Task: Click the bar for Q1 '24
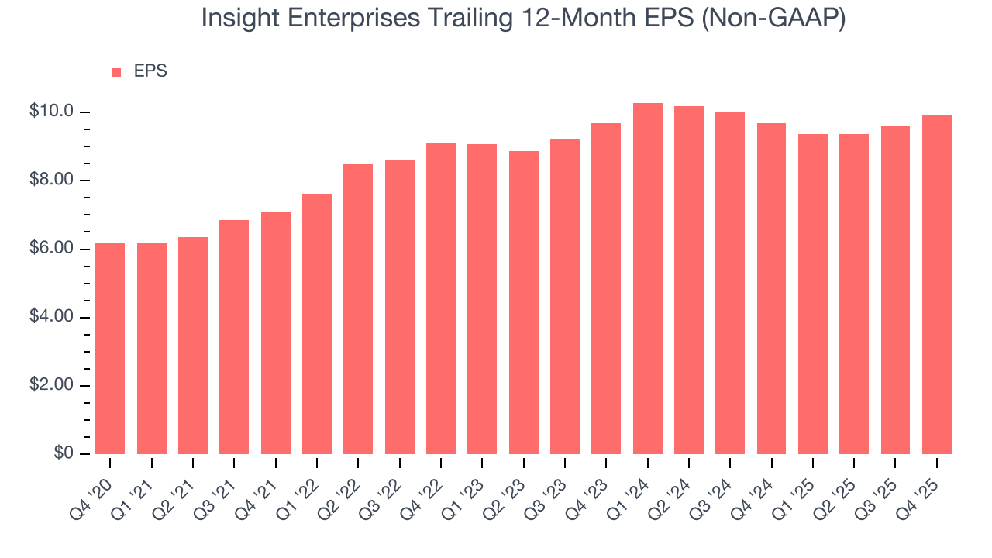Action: tap(648, 279)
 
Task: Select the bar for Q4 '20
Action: tap(110, 349)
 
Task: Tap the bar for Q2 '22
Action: tap(358, 309)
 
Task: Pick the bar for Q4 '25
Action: tap(937, 285)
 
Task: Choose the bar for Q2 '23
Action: tap(524, 303)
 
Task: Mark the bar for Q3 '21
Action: tap(234, 337)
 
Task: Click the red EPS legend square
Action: tap(116, 73)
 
